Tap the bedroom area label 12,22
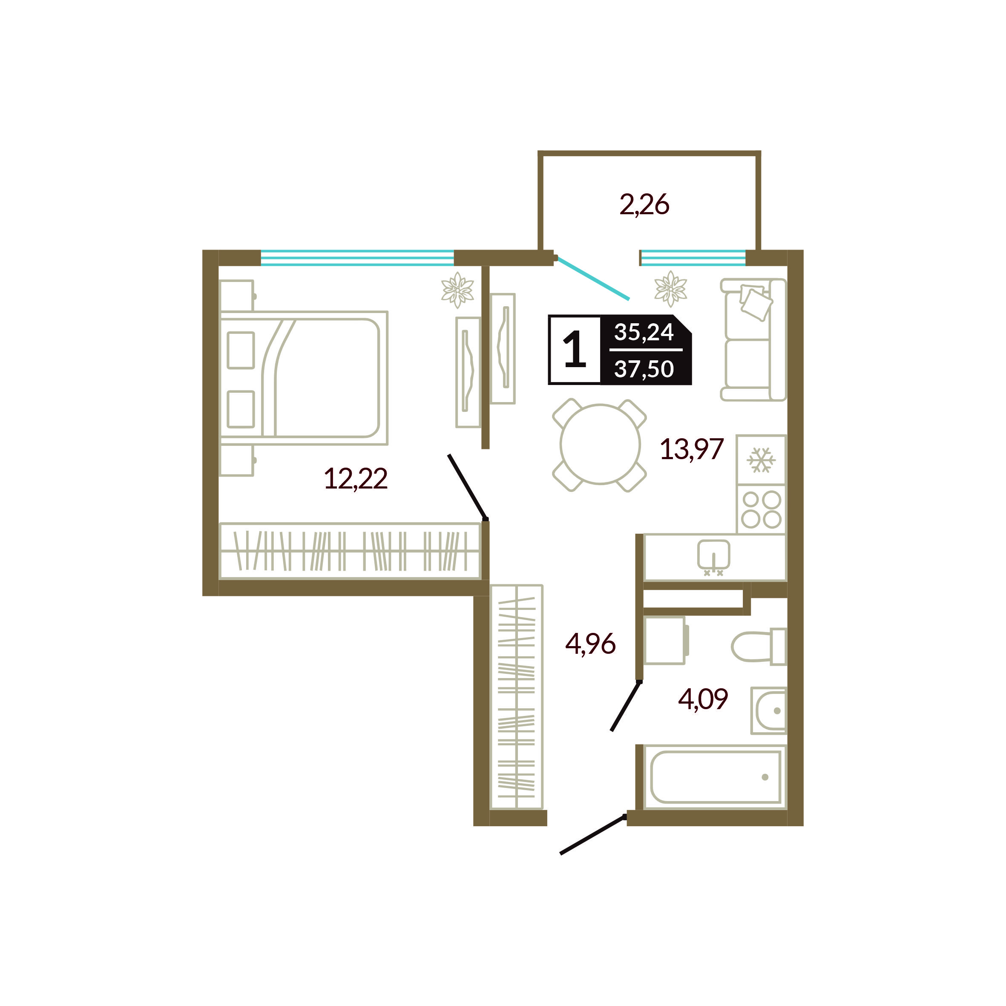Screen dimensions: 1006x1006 356,479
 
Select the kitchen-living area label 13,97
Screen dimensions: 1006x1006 692,449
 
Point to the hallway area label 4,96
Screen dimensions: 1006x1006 590,644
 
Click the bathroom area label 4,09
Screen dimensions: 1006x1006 703,699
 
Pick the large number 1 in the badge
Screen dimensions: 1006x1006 575,350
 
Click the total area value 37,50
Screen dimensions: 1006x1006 644,369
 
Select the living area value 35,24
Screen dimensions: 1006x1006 644,332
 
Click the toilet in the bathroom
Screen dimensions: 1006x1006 759,647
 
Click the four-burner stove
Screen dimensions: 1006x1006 761,509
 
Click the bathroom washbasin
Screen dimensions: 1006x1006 769,710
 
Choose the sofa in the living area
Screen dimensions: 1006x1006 753,339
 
